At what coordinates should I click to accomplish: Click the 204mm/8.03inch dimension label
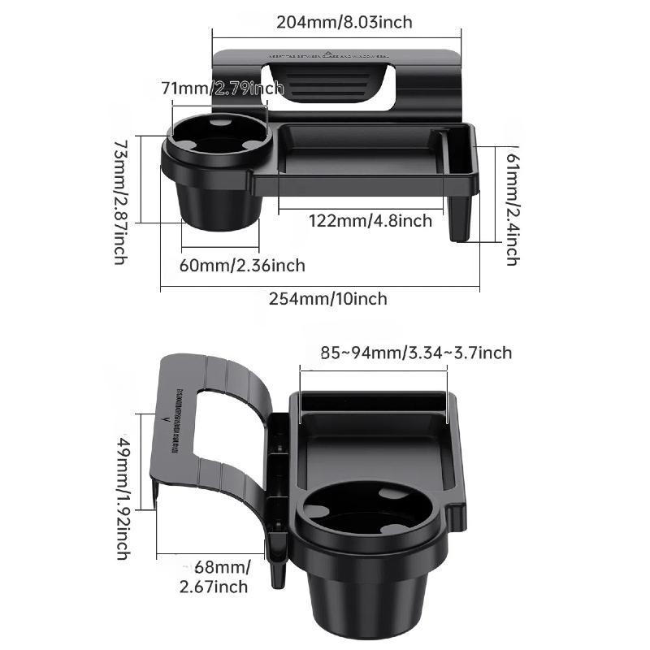click(344, 22)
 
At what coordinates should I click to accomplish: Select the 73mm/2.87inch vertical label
click(119, 201)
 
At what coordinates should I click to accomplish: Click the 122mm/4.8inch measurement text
click(370, 220)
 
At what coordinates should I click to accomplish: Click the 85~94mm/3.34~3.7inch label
click(416, 352)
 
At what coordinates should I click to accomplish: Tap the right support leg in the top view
click(461, 218)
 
